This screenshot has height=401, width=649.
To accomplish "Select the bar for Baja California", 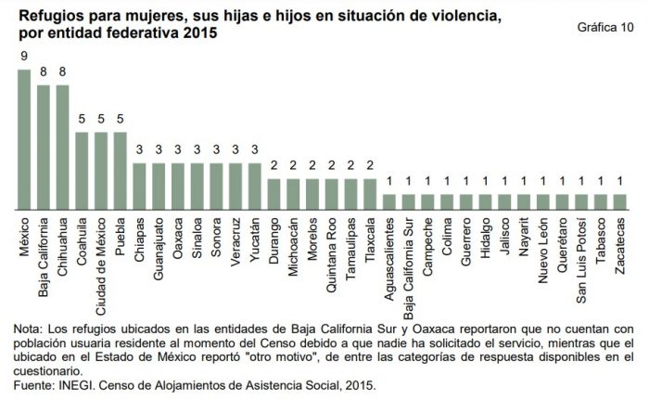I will [x=44, y=147].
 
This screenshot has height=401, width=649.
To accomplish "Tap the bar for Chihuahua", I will [x=63, y=147].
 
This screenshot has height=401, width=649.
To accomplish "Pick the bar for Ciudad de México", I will [x=101, y=170].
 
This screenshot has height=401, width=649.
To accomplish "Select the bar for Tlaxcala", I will [x=370, y=193].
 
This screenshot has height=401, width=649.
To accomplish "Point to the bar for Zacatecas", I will [x=619, y=201].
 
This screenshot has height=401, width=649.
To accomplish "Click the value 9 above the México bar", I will [x=25, y=57].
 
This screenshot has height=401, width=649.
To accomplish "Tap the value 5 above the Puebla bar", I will [x=121, y=120].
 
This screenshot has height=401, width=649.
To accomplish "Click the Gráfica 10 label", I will [x=605, y=27].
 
